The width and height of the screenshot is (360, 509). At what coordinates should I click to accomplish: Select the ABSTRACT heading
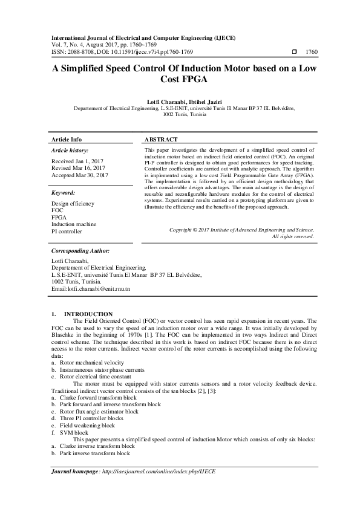coord(161,138)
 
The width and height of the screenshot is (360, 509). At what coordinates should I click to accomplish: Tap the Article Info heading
coord(67,138)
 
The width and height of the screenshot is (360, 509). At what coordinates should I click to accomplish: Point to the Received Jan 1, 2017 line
coord(77,161)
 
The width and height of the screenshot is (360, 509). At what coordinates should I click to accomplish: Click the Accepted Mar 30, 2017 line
coord(80,175)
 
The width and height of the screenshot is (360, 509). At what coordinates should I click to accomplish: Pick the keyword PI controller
coord(67,232)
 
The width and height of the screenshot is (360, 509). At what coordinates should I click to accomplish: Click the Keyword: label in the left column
coord(64,193)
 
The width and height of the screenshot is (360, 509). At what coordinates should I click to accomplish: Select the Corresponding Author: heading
coord(80,250)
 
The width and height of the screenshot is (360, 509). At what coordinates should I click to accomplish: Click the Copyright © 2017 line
coord(242,230)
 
